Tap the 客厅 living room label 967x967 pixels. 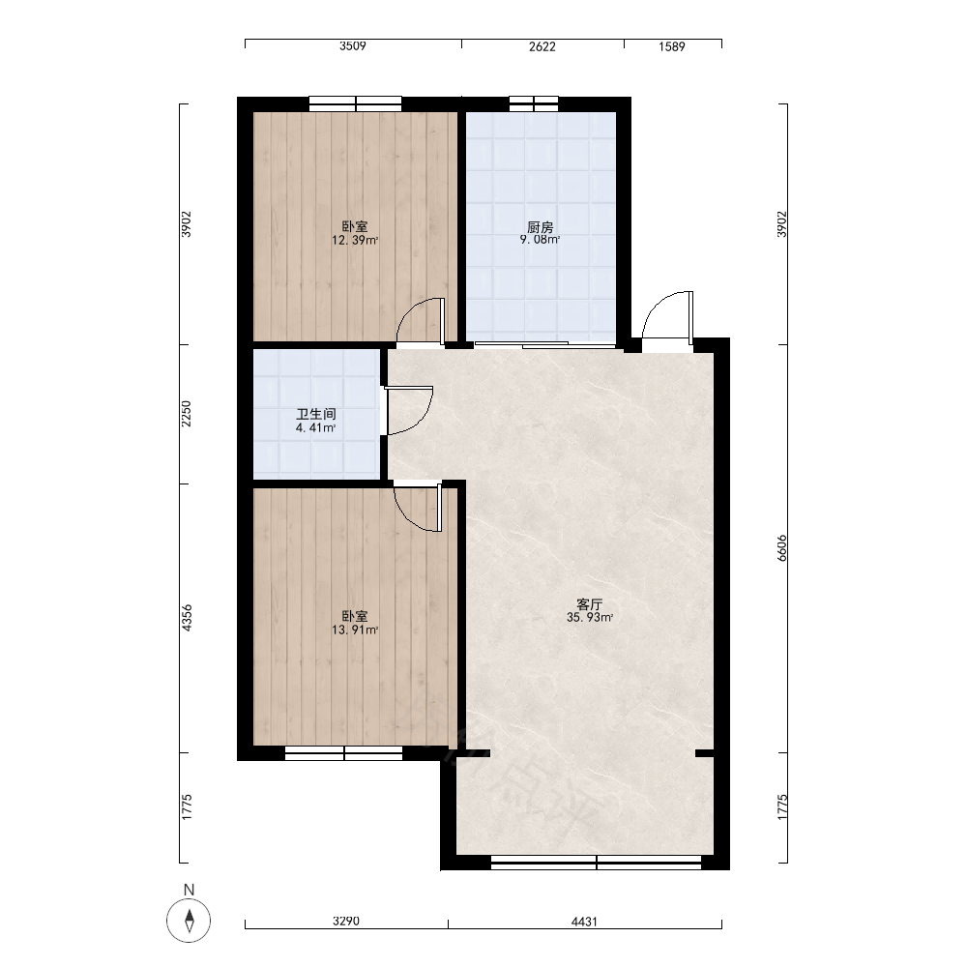[589, 604]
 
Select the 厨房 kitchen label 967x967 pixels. [541, 227]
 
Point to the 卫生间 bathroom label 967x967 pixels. [316, 415]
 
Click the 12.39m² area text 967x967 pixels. [355, 240]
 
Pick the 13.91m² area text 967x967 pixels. [355, 630]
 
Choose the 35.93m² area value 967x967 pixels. [590, 617]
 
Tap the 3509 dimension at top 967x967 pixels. [353, 46]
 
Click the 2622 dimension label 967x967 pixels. [542, 46]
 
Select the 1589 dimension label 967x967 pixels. [672, 46]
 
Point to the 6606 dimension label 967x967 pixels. [782, 547]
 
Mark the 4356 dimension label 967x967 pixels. [187, 618]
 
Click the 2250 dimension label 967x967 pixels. [187, 414]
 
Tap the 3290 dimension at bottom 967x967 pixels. [346, 922]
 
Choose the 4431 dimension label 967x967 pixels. [584, 922]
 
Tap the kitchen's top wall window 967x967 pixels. [534, 103]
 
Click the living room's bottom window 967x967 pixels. [596, 863]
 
